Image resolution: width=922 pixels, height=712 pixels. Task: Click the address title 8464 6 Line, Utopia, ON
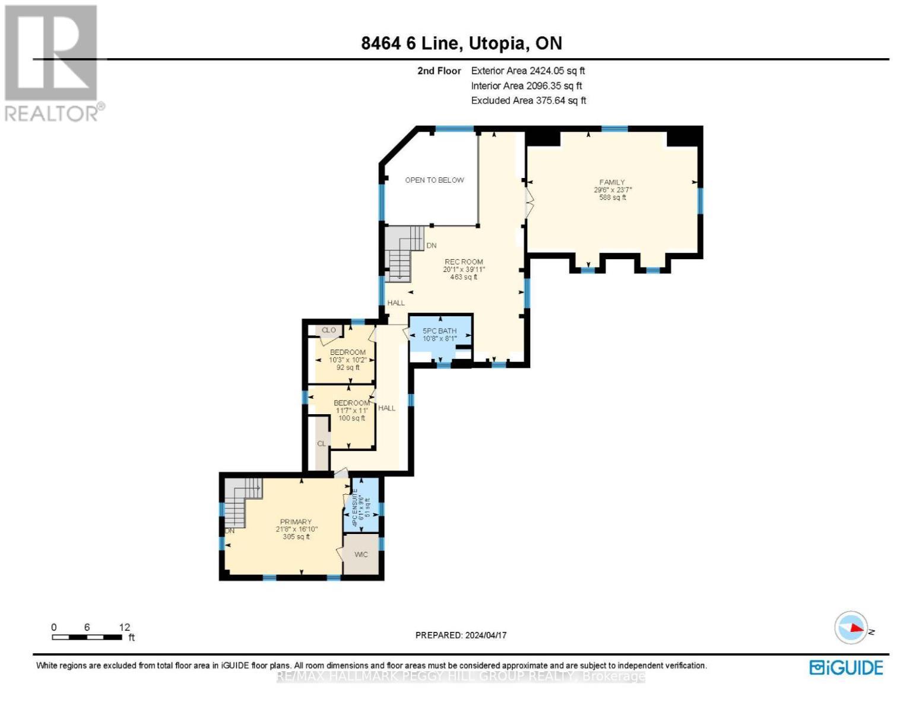461,43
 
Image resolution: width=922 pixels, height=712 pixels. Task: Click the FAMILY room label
612,190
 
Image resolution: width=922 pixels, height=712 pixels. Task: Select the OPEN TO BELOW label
434,180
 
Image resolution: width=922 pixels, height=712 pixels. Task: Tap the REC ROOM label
464,269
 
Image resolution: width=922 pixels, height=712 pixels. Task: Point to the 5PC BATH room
439,335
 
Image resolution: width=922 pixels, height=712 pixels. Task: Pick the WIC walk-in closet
361,555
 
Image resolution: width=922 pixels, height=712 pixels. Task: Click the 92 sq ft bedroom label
347,360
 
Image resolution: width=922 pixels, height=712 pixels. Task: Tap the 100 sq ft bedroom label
351,411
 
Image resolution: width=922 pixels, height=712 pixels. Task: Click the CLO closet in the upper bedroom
328,330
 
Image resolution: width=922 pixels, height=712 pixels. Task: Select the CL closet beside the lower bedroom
321,444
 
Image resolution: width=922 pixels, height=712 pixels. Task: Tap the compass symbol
851,628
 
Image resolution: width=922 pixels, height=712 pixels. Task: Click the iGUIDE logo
846,667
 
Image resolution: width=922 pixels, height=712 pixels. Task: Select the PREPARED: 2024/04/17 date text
461,635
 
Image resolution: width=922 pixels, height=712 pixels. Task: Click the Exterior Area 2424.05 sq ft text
528,71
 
